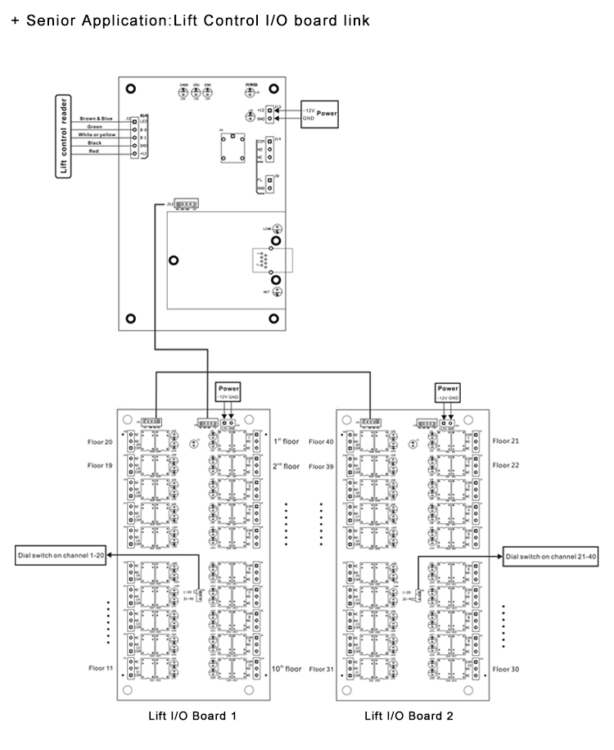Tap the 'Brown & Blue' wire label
(x=95, y=120)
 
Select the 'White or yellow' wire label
(x=95, y=134)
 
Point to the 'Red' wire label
(x=95, y=151)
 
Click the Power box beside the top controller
(x=326, y=113)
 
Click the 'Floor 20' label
(x=101, y=441)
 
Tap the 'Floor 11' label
(x=101, y=668)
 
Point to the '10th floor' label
(x=287, y=668)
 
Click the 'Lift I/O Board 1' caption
(x=192, y=716)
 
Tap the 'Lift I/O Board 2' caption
(x=409, y=716)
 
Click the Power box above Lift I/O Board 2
(x=448, y=388)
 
